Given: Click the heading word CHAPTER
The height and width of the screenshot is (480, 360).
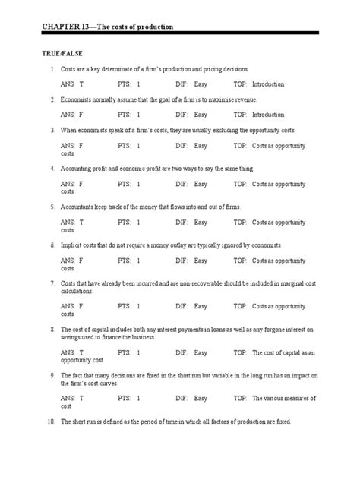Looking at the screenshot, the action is click(x=63, y=27).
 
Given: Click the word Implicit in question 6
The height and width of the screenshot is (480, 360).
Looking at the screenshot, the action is click(x=71, y=245).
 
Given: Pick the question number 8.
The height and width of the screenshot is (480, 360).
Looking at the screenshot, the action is click(x=51, y=330).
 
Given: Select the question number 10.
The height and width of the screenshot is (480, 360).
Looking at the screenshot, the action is click(x=51, y=422).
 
